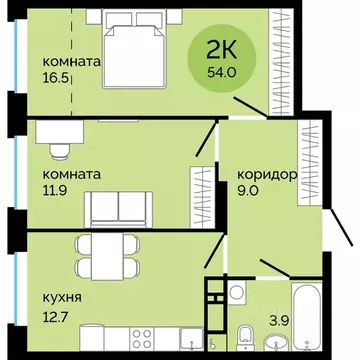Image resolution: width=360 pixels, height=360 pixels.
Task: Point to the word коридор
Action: pyautogui.click(x=266, y=174)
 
